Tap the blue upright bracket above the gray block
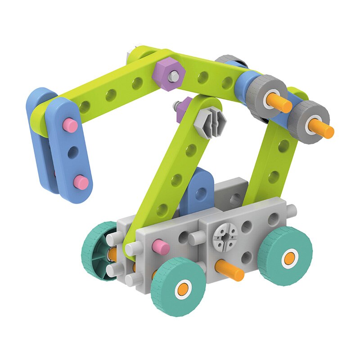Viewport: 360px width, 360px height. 197,189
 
